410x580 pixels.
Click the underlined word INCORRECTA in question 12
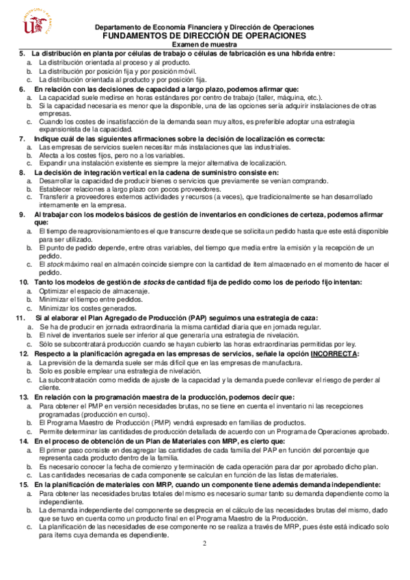pyautogui.click(x=333, y=354)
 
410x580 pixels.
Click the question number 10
pyautogui.click(x=23, y=282)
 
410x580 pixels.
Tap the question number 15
pyautogui.click(x=23, y=485)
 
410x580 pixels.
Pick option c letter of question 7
pyautogui.click(x=29, y=164)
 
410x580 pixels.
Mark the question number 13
pyautogui.click(x=23, y=397)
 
